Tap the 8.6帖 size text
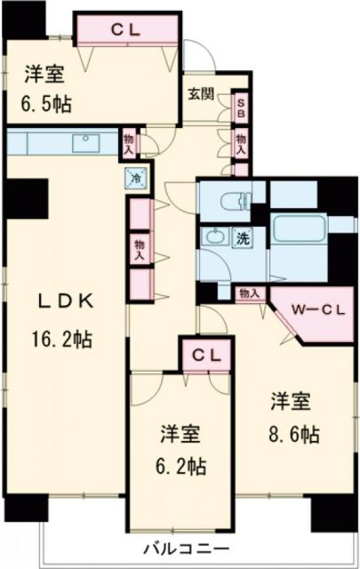pyautogui.click(x=291, y=435)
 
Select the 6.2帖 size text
pyautogui.click(x=181, y=464)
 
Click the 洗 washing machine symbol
pyautogui.click(x=241, y=237)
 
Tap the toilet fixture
pyautogui.click(x=231, y=200)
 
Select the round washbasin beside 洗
pyautogui.click(x=214, y=237)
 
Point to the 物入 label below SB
pyautogui.click(x=241, y=142)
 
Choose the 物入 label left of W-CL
pyautogui.click(x=248, y=292)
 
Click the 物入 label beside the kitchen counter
pyautogui.click(x=130, y=143)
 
